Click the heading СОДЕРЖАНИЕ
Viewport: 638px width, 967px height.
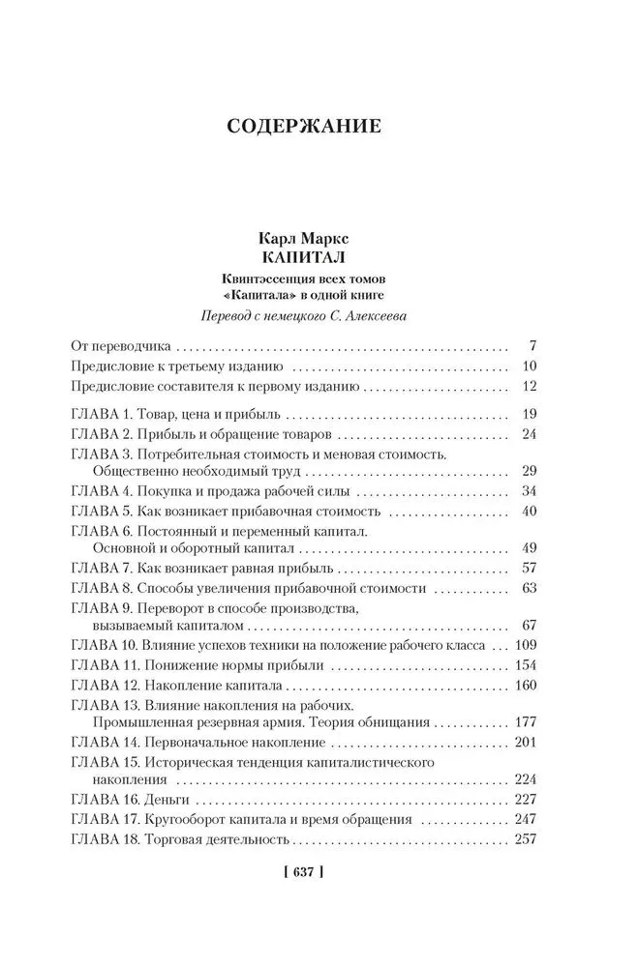tap(319, 126)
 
